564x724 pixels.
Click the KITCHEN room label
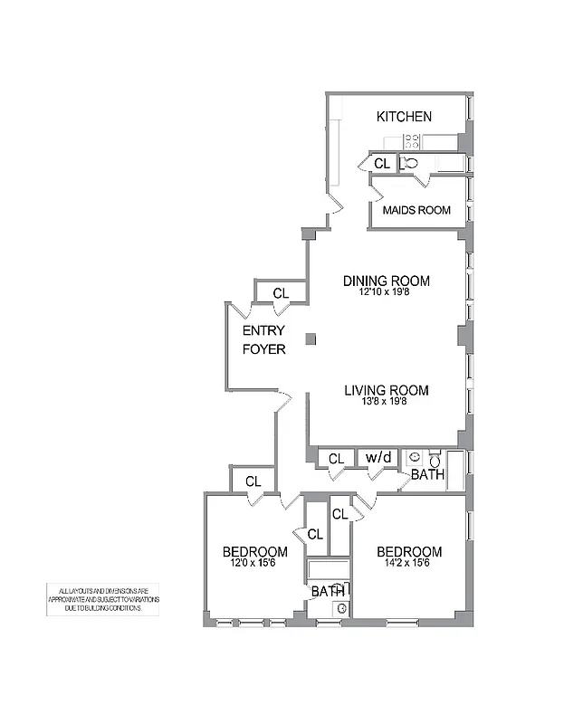click(x=404, y=117)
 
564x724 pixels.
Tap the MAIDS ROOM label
click(x=416, y=210)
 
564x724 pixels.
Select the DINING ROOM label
click(x=386, y=281)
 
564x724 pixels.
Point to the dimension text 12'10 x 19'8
click(x=386, y=292)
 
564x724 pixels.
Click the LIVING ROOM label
click(x=386, y=391)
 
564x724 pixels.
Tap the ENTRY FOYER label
click(x=263, y=339)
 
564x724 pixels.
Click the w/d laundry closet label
click(x=378, y=458)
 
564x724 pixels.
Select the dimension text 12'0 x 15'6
click(x=255, y=563)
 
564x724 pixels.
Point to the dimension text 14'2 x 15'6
click(x=409, y=563)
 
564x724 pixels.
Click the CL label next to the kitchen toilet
click(x=382, y=164)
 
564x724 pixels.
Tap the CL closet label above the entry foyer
click(x=281, y=293)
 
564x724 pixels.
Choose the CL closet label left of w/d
click(x=336, y=459)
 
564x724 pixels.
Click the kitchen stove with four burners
click(x=411, y=140)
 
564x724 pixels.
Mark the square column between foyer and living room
click(x=311, y=339)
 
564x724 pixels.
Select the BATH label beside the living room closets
click(x=426, y=474)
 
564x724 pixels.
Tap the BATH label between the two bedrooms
click(x=327, y=592)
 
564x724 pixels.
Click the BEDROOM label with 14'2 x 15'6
click(x=409, y=552)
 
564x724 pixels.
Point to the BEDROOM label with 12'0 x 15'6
click(x=255, y=552)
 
